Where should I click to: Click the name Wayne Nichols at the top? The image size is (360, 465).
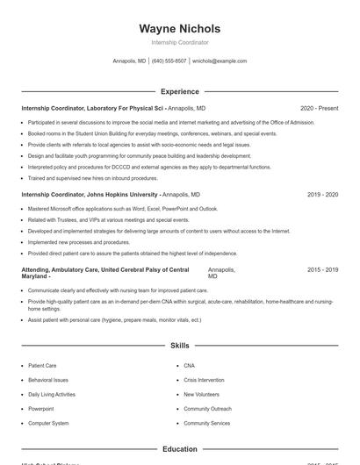180,28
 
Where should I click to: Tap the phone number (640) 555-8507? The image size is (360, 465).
169,61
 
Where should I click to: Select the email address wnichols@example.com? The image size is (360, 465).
220,61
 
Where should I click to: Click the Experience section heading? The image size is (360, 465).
180,91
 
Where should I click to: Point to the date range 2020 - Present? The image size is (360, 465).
319,108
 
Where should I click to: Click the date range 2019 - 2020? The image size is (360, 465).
322,194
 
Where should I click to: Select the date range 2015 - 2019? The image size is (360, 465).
322,270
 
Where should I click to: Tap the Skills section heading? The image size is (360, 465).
180,346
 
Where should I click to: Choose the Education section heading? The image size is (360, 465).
180,449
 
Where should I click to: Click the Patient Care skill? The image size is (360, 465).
42,365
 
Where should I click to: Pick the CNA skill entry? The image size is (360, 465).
190,365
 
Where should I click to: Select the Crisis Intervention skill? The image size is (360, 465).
205,380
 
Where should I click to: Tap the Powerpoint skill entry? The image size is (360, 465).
40,409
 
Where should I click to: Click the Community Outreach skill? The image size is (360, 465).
207,409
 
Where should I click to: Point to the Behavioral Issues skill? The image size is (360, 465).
47,380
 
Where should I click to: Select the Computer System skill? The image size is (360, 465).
47,423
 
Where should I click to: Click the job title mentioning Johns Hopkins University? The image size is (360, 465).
90,194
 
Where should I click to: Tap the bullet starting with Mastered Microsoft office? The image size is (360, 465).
123,209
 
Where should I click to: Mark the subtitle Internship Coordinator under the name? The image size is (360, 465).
180,42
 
